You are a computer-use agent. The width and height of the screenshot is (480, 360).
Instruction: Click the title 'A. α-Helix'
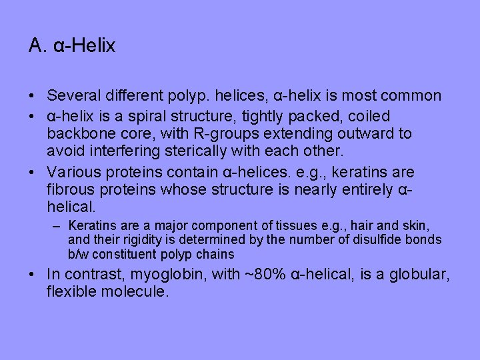click(x=72, y=46)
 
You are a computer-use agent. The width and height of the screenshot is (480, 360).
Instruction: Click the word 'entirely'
click(x=363, y=190)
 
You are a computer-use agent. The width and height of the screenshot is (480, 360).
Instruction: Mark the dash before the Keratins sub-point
click(x=57, y=225)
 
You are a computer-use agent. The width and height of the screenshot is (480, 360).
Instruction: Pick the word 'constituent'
click(x=124, y=254)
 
